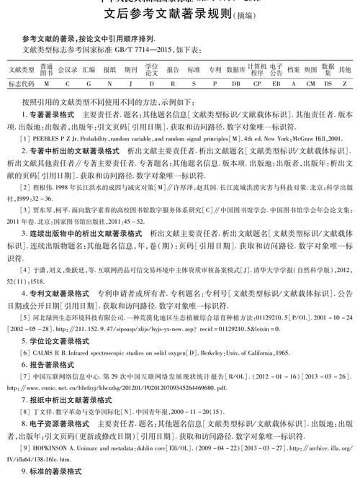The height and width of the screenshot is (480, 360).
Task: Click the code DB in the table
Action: [x=235, y=84]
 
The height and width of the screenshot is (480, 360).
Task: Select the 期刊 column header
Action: [x=130, y=70]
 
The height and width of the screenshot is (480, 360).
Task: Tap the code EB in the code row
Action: [x=276, y=84]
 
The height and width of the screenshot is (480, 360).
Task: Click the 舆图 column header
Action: [x=310, y=70]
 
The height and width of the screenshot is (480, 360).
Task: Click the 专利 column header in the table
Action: [x=215, y=70]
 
